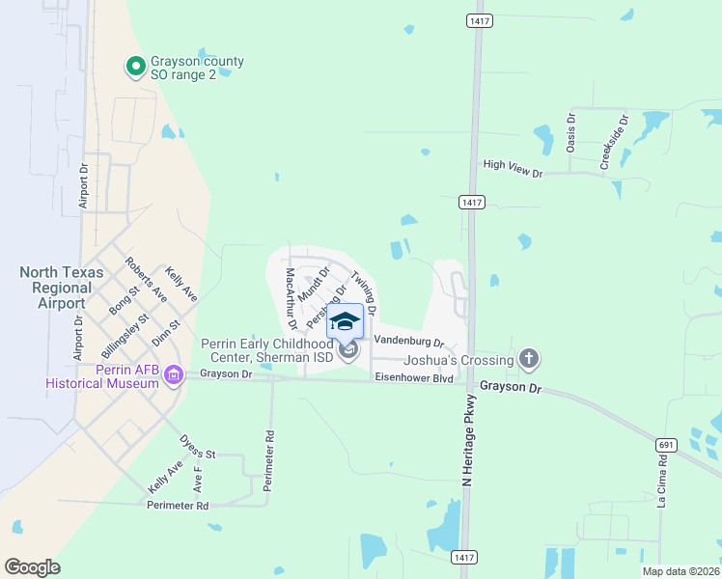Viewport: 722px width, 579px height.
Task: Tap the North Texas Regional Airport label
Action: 65,288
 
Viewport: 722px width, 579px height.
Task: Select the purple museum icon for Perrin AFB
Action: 174,374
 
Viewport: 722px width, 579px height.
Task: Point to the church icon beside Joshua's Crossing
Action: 528,360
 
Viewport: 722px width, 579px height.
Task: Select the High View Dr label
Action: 514,165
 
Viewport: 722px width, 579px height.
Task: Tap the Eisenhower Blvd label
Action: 414,377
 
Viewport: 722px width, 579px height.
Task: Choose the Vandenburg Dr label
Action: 407,341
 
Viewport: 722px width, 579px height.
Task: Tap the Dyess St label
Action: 196,446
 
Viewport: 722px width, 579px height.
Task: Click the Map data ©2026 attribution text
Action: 680,571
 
